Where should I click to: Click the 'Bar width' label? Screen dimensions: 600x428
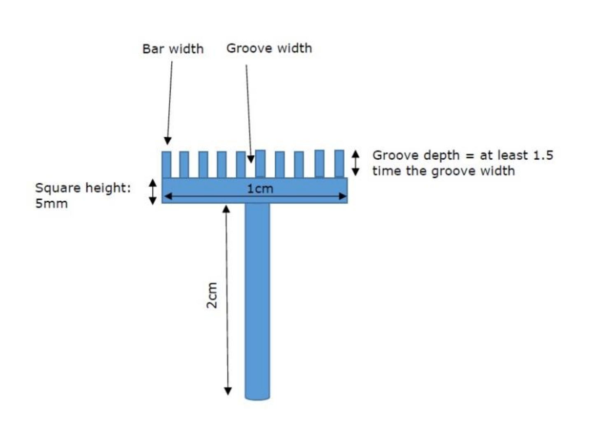[173, 49]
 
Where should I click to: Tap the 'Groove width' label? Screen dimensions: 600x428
[269, 48]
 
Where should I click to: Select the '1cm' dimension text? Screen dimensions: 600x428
[260, 189]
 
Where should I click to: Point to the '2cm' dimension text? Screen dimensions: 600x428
[211, 295]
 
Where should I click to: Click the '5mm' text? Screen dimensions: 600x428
[51, 203]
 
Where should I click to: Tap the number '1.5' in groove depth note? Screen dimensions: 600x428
[543, 155]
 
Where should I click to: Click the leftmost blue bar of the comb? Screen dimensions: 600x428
[166, 164]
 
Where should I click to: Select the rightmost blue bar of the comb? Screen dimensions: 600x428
[339, 164]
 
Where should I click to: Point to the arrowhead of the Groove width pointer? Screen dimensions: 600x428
[251, 159]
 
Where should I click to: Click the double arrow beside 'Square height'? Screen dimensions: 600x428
[152, 192]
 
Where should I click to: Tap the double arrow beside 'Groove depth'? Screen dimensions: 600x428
[355, 162]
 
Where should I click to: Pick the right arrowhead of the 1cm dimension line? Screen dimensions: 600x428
[342, 196]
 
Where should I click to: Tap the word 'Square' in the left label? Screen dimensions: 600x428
[58, 188]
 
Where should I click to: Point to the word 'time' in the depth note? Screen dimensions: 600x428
[386, 171]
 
